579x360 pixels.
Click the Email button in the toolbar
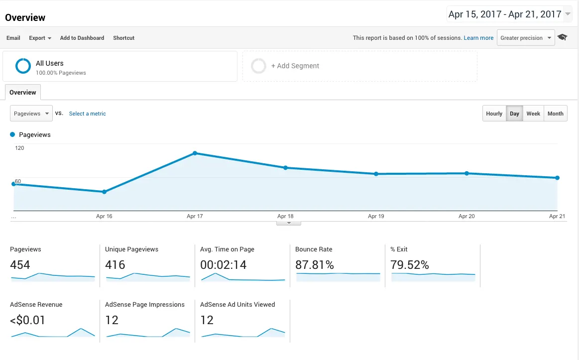tap(13, 38)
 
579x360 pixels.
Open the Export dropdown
tap(40, 38)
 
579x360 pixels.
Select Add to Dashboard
tap(82, 38)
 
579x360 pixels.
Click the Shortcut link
tap(123, 38)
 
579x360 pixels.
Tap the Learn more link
tap(478, 38)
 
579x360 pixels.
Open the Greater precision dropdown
tap(526, 38)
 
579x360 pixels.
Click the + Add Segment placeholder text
tap(295, 66)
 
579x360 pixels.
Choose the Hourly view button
tap(494, 114)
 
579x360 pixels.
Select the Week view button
tap(533, 114)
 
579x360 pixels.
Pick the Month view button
tap(556, 114)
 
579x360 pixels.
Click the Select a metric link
tap(88, 114)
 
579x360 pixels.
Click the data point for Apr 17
tap(195, 153)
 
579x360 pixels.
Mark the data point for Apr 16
tap(104, 192)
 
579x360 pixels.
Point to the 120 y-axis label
tap(19, 148)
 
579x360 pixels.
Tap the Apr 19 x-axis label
tap(376, 216)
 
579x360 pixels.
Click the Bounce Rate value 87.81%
tap(315, 265)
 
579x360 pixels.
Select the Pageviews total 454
tap(20, 265)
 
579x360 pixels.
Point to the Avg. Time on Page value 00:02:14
tap(223, 265)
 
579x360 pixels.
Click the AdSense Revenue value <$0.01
tap(27, 320)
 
